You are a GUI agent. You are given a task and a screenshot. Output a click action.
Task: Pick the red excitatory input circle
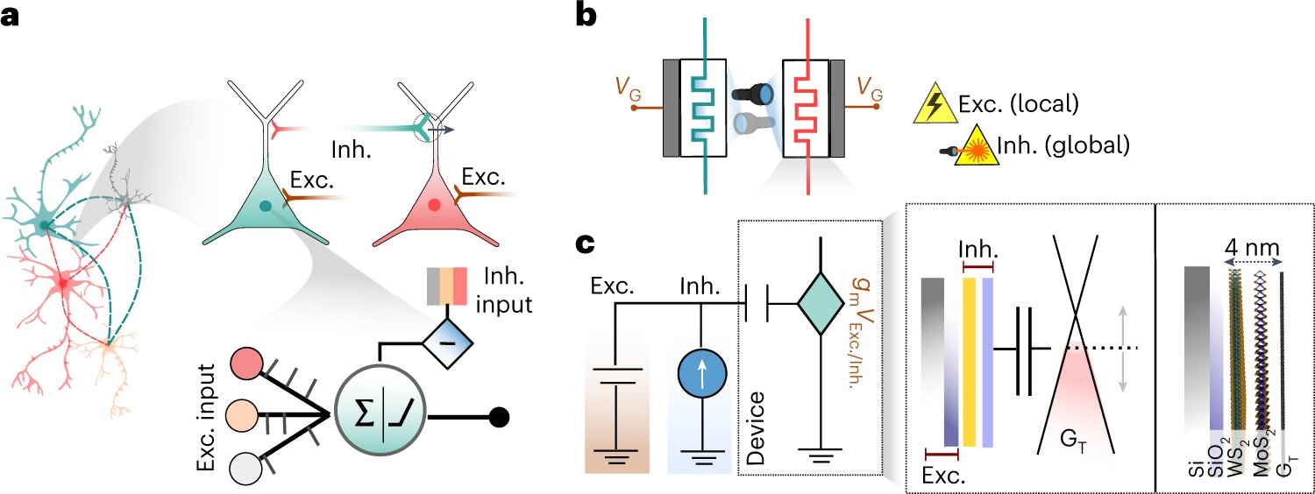point(246,364)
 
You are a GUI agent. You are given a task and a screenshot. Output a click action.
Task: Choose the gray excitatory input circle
point(246,468)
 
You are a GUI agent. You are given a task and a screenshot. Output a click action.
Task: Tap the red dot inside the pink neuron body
point(433,207)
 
